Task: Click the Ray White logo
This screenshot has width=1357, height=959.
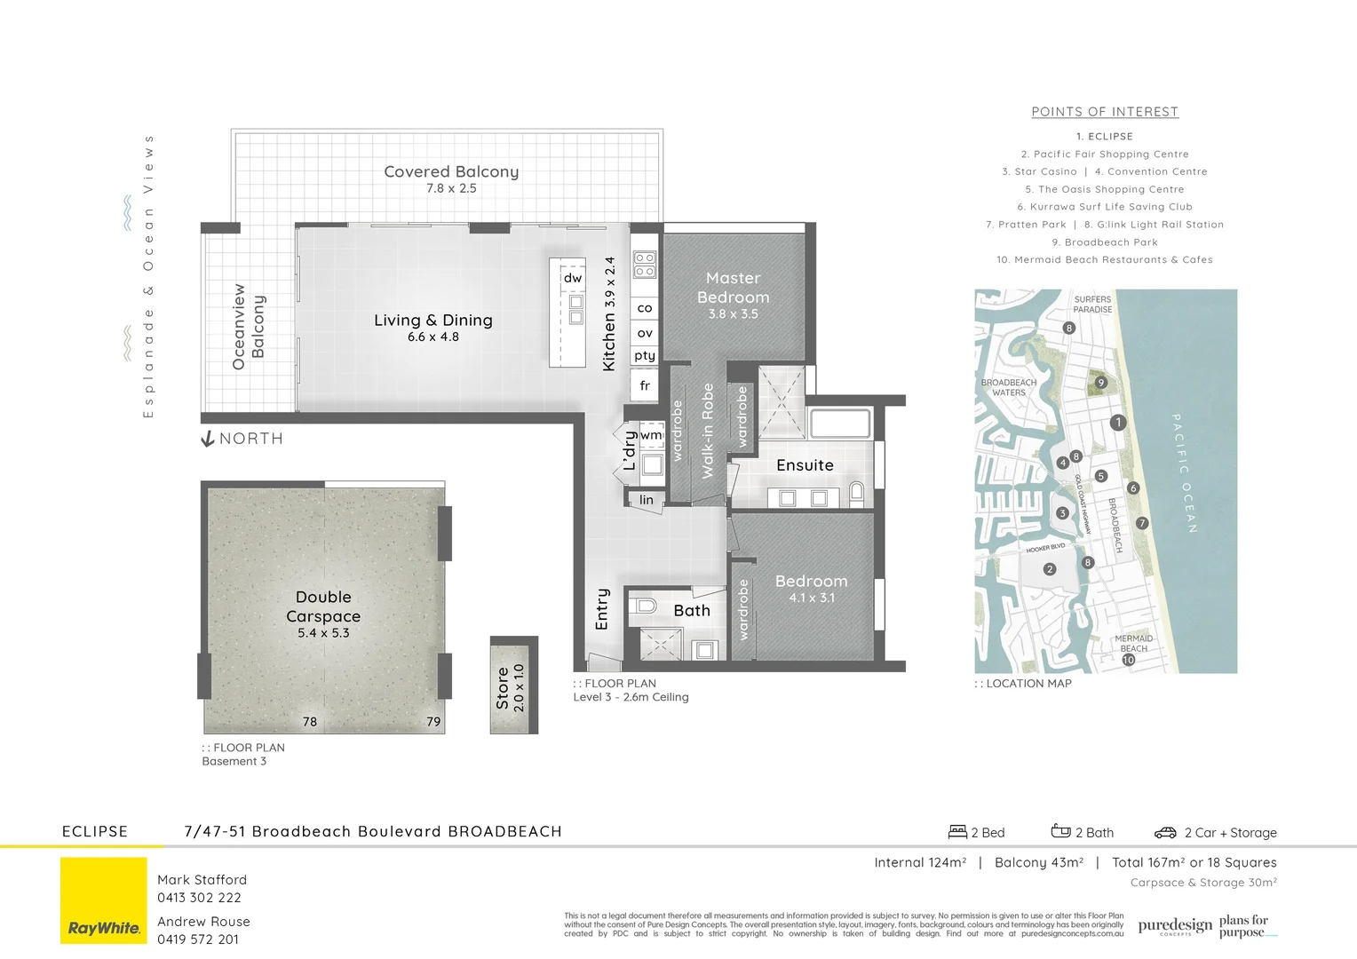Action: pos(104,900)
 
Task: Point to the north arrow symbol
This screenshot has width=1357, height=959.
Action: pos(208,439)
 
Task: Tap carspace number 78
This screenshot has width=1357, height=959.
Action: pos(310,722)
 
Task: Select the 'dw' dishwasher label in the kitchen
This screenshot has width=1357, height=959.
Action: pos(573,278)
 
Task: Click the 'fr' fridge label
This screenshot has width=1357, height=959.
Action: pos(645,385)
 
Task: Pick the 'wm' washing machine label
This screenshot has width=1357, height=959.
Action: pos(651,435)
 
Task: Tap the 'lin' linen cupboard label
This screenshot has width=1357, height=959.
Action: pos(647,500)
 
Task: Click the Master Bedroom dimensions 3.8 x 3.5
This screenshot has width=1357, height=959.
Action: pos(733,314)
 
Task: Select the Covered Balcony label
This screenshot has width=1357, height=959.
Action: pos(451,171)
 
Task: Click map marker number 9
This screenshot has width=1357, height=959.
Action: pos(1100,383)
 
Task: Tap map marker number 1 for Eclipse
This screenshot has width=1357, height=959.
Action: pos(1118,423)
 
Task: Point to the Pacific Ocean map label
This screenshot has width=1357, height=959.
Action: pos(1185,472)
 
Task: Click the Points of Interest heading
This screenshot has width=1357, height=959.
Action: pos(1105,112)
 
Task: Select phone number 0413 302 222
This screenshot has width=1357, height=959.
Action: pos(199,898)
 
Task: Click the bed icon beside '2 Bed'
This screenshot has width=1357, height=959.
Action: pos(957,832)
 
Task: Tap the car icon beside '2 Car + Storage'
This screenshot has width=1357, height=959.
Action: pos(1165,833)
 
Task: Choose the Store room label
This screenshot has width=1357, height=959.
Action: pos(503,688)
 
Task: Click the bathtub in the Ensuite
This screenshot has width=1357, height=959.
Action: pos(839,424)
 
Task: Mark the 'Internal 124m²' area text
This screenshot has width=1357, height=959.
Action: pos(920,862)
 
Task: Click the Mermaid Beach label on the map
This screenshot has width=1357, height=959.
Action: pos(1133,643)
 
